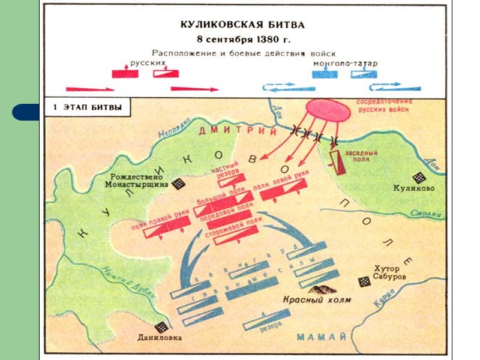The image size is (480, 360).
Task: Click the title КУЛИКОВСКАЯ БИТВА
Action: pos(242,25)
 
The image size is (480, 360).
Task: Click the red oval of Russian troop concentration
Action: pos(327,109)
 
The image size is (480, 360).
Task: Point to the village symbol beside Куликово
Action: pos(419,178)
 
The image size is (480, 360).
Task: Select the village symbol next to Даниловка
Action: pos(161,327)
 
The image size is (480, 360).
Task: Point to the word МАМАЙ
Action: pos(322,335)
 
